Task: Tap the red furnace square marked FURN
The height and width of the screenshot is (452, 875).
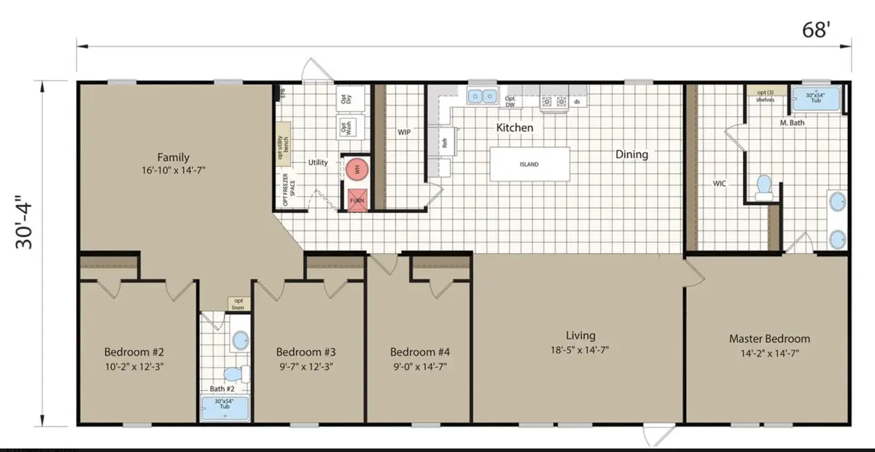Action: coord(357,199)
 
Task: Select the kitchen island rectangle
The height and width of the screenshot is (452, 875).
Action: coord(529,164)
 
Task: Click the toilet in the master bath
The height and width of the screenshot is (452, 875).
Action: coord(764,187)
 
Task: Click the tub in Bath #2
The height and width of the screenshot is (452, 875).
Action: coord(225,408)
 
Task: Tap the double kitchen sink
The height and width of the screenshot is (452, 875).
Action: coord(482,96)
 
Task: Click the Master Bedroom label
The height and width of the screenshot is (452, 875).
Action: coord(769,339)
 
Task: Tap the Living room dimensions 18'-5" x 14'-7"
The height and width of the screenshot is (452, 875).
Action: coord(581,350)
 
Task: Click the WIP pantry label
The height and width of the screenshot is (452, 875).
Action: coord(405,133)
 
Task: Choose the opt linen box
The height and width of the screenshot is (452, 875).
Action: coord(238,303)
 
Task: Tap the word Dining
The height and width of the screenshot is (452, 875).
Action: coord(631,155)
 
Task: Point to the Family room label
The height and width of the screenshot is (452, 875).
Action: coord(174,157)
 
